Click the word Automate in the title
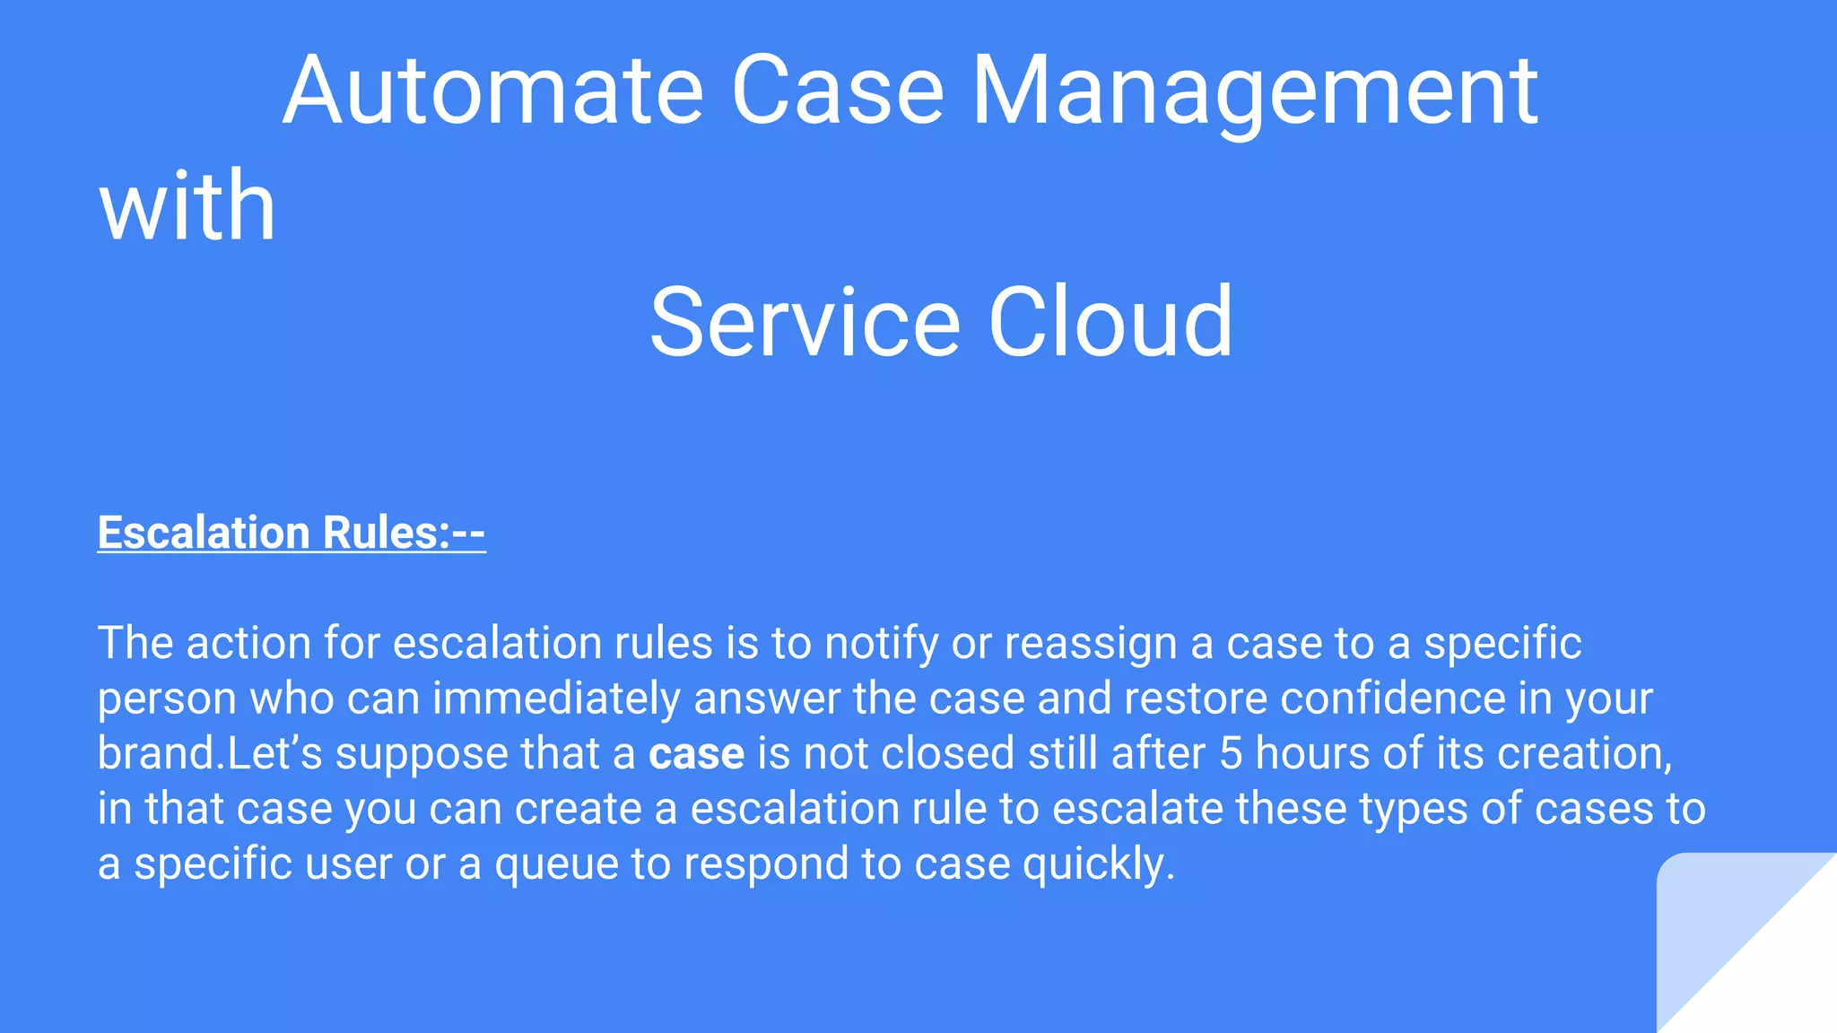492,91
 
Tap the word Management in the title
1256,91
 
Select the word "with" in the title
187,206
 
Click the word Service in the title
805,322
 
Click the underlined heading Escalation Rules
292,533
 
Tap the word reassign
1090,644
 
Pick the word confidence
1392,699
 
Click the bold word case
696,753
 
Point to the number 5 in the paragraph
1231,753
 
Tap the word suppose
422,753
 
